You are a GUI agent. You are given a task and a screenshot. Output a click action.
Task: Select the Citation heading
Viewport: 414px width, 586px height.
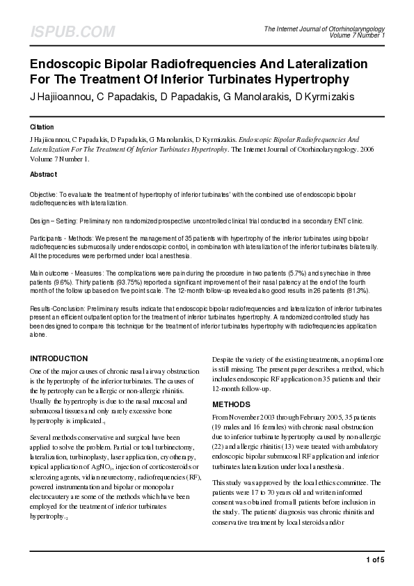coord(42,128)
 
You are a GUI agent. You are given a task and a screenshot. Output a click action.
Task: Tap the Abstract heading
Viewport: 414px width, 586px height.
coord(44,174)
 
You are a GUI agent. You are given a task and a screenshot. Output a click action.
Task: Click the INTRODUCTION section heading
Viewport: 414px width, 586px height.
coord(59,358)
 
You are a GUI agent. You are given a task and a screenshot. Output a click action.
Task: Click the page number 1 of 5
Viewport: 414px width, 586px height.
coord(374,559)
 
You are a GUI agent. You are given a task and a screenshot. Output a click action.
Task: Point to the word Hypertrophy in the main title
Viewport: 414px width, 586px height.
coord(310,79)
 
